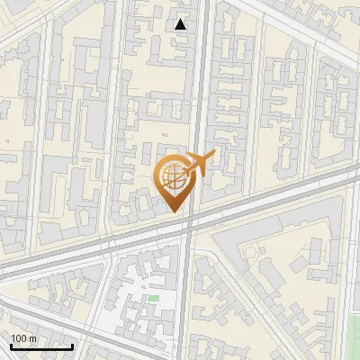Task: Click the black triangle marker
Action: pyautogui.click(x=181, y=24)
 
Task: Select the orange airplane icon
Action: pyautogui.click(x=197, y=165)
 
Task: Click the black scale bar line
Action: pyautogui.click(x=41, y=346)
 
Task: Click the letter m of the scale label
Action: pyautogui.click(x=31, y=338)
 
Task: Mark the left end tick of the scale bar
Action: pyautogui.click(x=11, y=345)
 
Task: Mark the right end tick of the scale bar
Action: pyautogui.click(x=72, y=345)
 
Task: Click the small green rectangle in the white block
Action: pyautogui.click(x=153, y=298)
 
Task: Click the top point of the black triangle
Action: pyautogui.click(x=181, y=19)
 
